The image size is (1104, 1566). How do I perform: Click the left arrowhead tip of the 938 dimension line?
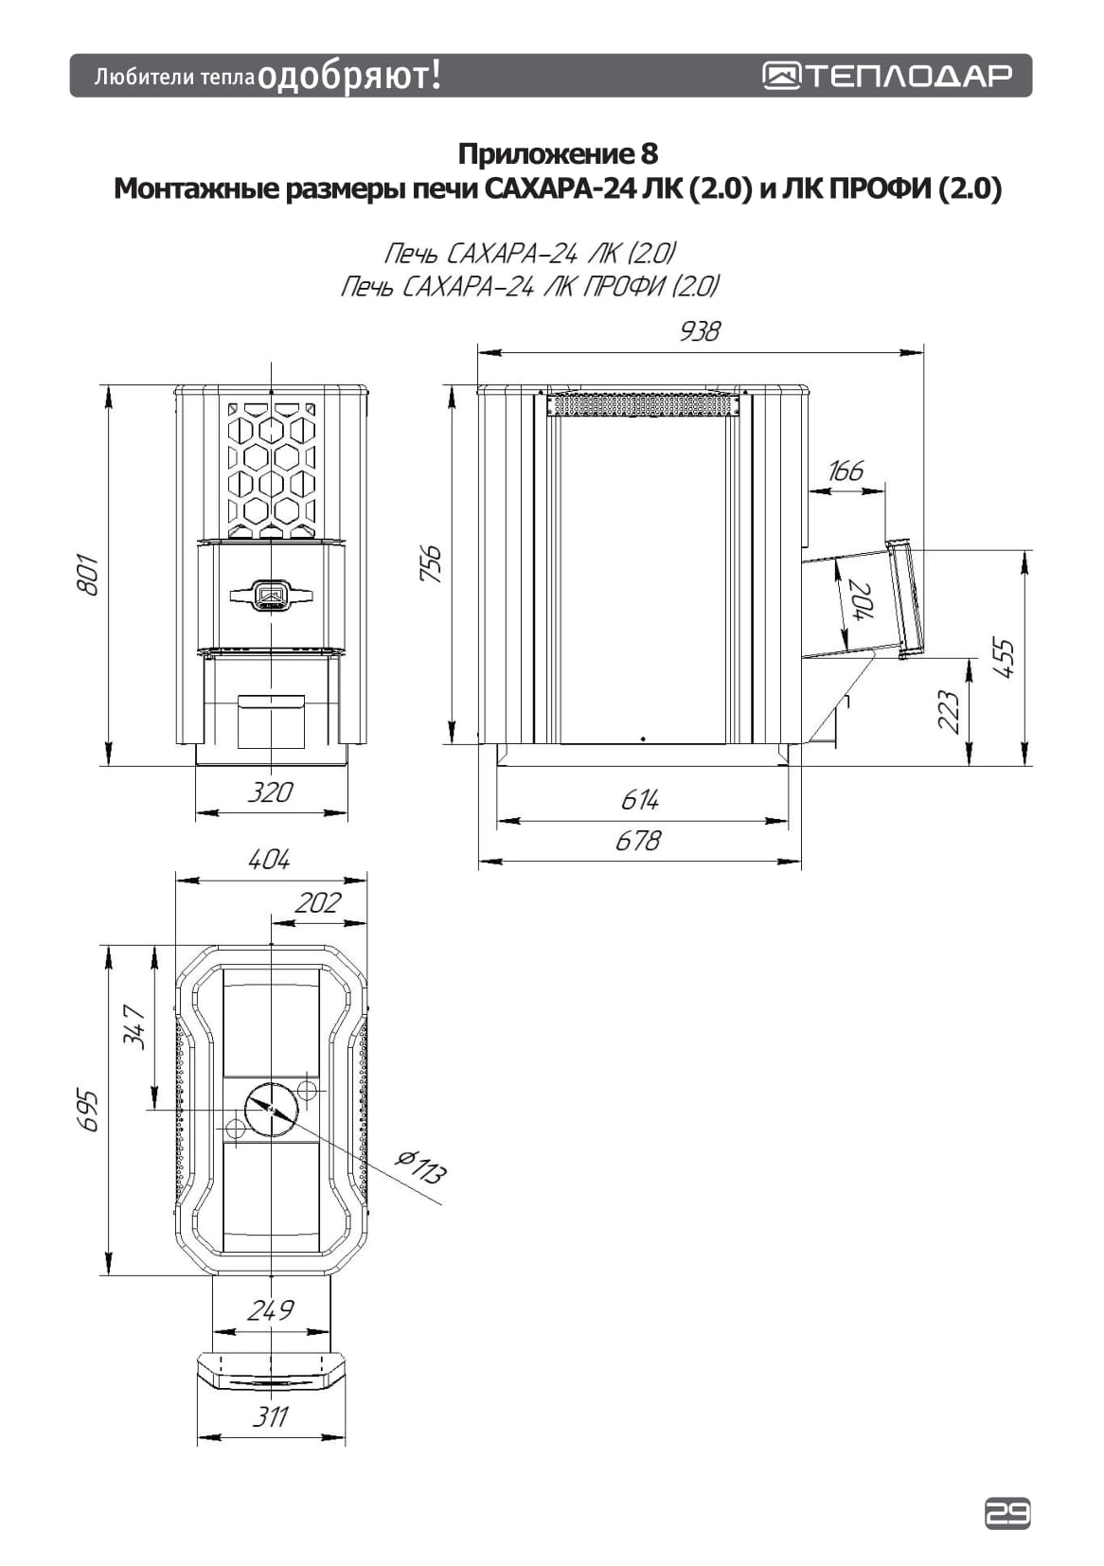coord(478,353)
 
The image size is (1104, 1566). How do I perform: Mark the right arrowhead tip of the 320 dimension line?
coord(347,812)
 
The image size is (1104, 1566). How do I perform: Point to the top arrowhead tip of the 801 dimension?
coord(108,386)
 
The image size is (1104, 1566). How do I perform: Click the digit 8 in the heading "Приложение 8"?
coord(649,153)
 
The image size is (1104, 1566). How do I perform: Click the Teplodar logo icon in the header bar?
coord(782,76)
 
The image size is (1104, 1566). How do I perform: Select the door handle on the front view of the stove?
coord(272,595)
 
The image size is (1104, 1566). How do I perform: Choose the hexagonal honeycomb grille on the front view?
coord(272,469)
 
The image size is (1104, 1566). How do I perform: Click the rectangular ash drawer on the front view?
coord(272,721)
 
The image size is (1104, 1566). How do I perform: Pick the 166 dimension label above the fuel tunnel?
coord(846,472)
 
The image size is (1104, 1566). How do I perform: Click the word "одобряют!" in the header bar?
coord(349,76)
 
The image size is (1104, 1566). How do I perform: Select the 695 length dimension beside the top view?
coord(89,1111)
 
